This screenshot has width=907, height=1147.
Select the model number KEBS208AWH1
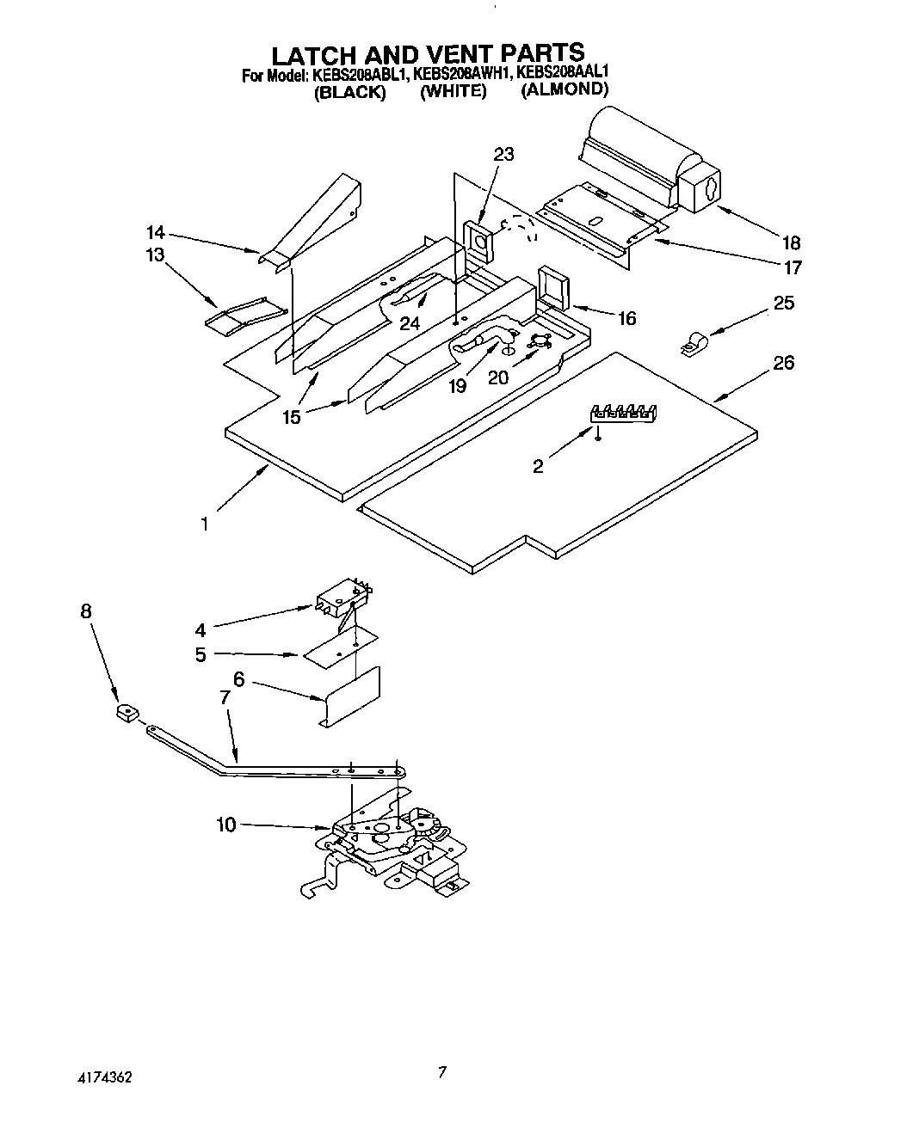(x=462, y=75)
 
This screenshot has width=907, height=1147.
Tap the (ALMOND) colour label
(x=565, y=89)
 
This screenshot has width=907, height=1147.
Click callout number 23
(x=503, y=155)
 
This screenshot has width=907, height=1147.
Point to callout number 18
(x=790, y=242)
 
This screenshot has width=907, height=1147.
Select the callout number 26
(x=783, y=363)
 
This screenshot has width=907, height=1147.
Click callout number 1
(x=204, y=523)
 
